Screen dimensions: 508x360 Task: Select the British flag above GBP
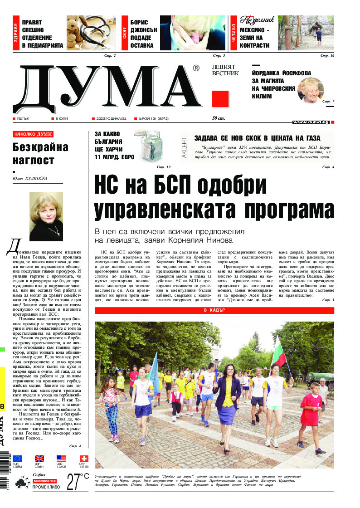[39, 459]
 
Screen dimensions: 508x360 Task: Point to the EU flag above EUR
[17, 459]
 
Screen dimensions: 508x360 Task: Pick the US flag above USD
[61, 459]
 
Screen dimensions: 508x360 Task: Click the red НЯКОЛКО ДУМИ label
[33, 134]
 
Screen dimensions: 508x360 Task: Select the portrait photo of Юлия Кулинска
[46, 216]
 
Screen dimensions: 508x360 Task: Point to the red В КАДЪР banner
[214, 310]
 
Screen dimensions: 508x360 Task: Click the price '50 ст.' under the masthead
[218, 119]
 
